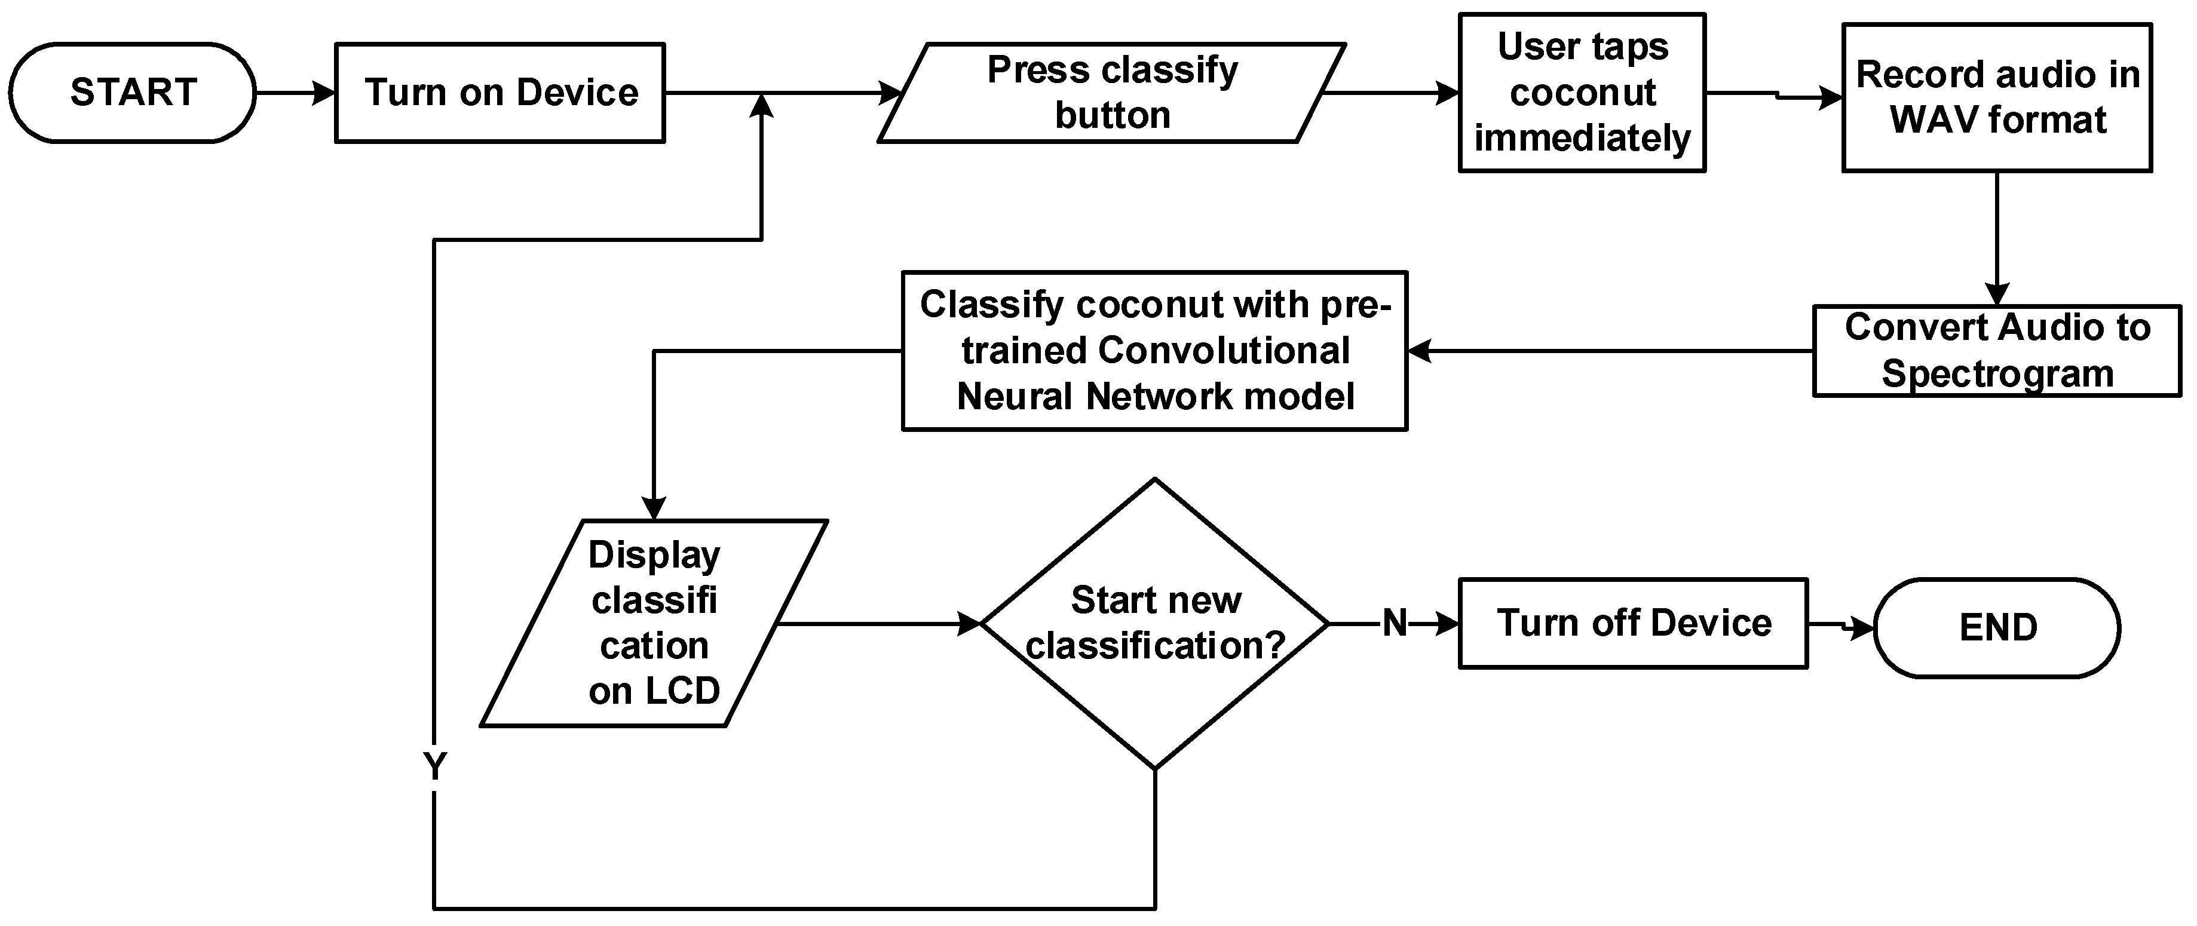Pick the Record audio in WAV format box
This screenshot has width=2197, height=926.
pos(1997,98)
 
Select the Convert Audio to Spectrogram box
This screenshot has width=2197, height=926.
pos(1997,351)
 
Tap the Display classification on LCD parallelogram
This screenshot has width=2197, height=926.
pos(654,623)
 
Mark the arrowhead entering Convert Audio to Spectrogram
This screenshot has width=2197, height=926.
pos(1997,294)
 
